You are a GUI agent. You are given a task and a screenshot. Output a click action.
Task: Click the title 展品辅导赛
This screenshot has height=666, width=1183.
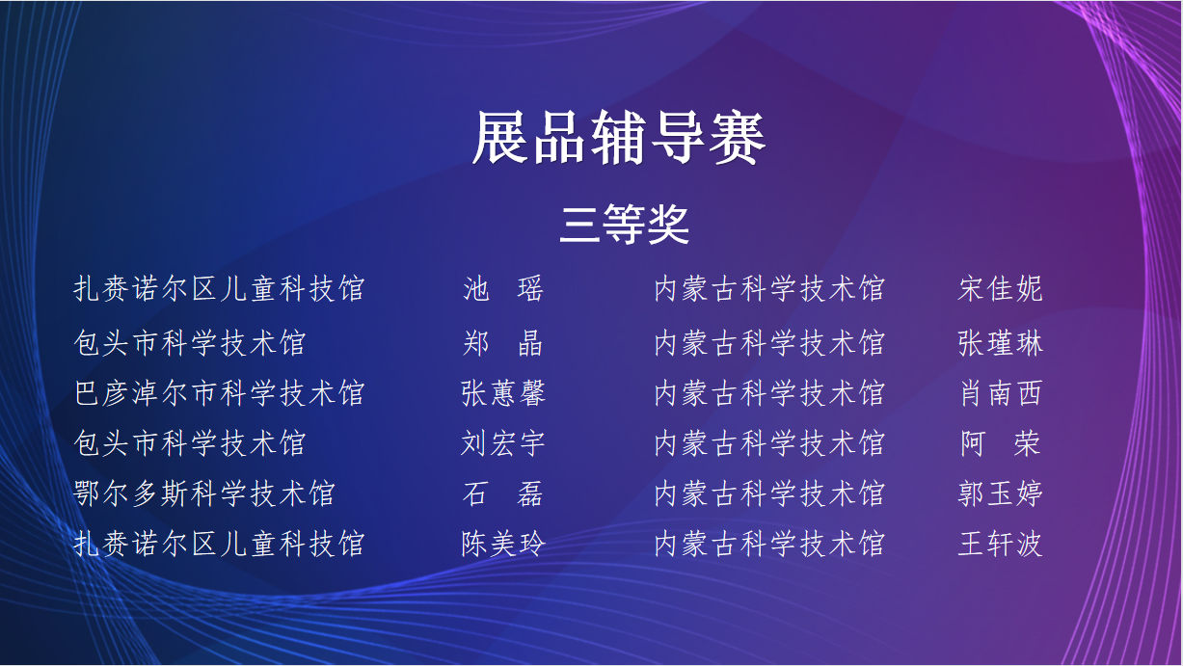coord(618,138)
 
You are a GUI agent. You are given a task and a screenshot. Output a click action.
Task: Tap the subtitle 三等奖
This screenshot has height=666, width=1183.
coord(624,225)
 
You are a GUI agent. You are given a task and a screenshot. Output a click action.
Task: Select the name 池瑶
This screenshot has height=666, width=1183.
coord(502,289)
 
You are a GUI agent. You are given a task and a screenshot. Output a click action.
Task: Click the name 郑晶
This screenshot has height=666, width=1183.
coord(502,343)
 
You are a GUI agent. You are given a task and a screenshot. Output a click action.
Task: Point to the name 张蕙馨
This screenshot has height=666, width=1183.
coord(502,393)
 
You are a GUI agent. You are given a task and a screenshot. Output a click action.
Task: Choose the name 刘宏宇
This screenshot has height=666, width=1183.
coord(502,443)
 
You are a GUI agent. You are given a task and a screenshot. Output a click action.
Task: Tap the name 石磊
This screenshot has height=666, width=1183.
coord(502,493)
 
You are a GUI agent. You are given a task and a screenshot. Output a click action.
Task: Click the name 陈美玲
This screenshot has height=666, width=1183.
coord(502,544)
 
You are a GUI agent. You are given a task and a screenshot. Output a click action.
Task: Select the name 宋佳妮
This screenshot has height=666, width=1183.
coord(1000,289)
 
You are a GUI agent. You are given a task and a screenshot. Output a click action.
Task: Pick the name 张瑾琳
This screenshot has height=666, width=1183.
coord(1000,343)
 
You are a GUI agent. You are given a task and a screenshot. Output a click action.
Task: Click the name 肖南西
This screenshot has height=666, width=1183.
coord(1000,393)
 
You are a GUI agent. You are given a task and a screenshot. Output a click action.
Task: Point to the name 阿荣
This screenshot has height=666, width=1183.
coord(1000,443)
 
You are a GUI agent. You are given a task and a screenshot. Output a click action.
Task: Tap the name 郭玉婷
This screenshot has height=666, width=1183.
coord(1000,493)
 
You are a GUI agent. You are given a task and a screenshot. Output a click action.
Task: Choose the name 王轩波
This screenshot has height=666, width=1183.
coord(1000,544)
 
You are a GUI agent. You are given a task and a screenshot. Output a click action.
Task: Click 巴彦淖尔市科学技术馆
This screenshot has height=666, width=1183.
coord(219,393)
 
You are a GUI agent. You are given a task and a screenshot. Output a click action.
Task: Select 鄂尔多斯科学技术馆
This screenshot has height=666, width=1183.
coord(204,493)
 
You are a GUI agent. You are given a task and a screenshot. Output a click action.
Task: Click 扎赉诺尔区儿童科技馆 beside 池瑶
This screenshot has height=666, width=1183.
coord(219,289)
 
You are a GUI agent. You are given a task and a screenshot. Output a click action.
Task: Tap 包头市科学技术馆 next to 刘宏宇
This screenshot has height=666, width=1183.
coord(190,443)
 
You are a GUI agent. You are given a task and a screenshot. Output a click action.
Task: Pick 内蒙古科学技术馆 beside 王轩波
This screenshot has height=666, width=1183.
coord(769,544)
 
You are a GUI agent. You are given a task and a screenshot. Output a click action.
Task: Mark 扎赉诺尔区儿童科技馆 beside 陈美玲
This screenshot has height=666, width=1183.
coord(219,544)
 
